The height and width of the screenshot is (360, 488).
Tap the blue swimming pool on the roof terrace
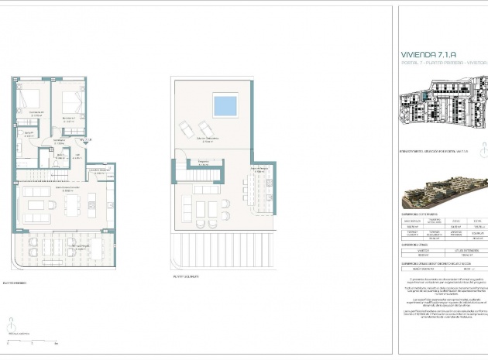click(x=225, y=104)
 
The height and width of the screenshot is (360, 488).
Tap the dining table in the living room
click(x=73, y=204)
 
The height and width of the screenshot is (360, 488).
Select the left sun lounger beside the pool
click(x=186, y=129)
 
